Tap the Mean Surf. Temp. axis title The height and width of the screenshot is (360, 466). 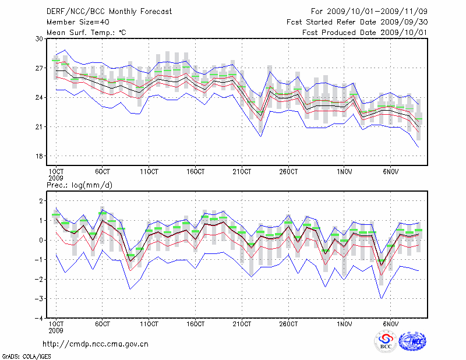coord(86,33)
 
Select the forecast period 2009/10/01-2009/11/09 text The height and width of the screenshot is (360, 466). coord(369,11)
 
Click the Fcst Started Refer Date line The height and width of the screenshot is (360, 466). coord(356,22)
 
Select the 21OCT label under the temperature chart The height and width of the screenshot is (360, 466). coord(242,172)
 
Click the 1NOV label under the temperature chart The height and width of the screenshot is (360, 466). coord(345,172)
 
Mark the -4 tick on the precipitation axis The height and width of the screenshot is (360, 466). coord(39,319)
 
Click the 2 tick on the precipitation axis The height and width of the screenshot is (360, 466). coord(41,201)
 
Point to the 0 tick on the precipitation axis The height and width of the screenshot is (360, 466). coord(41,240)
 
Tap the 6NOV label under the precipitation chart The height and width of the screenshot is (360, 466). coord(391,324)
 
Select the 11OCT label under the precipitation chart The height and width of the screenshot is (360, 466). coord(149,324)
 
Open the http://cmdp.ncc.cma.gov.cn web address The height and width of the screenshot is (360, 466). coord(96,344)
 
